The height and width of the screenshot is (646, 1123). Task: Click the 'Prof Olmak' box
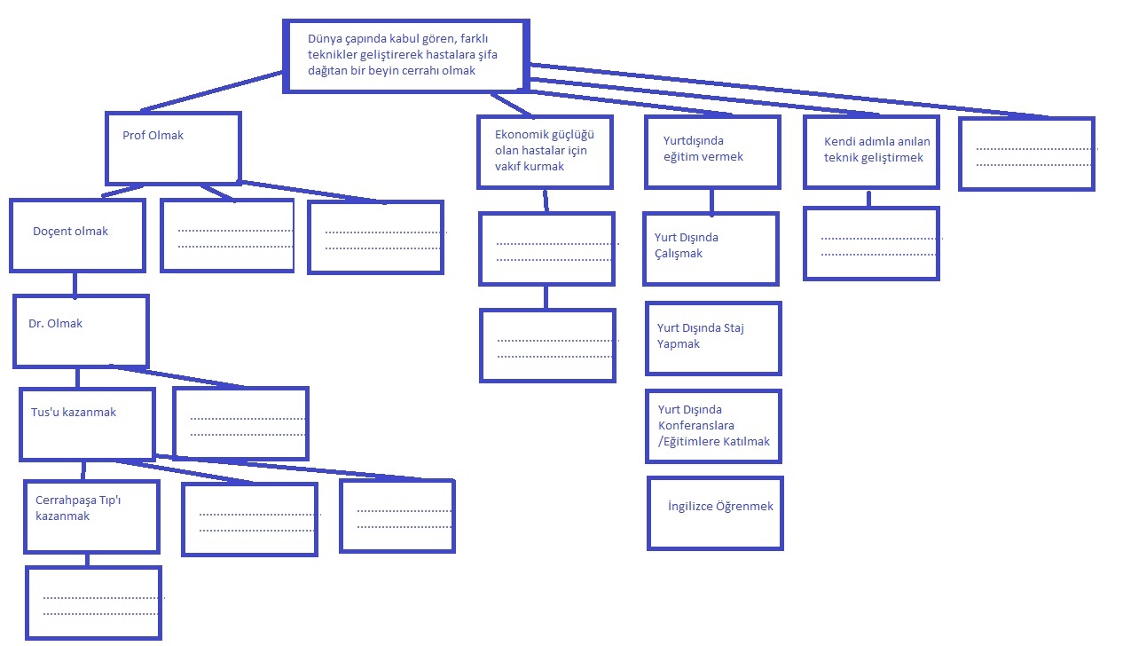[x=173, y=147]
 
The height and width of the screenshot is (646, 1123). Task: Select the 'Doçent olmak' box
[x=77, y=234]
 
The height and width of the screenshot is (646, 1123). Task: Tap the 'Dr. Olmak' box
[x=81, y=331]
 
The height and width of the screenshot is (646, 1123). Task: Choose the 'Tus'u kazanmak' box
[x=87, y=424]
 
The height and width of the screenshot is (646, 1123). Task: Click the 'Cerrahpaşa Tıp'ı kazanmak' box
[x=92, y=516]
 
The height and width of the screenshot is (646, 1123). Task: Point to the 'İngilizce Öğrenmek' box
[x=715, y=513]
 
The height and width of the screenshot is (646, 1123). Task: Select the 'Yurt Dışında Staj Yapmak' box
[x=713, y=338]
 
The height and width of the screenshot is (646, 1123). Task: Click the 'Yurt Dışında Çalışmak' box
[x=711, y=248]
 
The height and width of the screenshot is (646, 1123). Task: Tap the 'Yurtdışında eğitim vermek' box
[x=712, y=151]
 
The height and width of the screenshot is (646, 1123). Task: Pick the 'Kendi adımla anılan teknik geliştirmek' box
[x=870, y=152]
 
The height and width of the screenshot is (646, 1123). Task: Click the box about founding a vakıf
[x=545, y=152]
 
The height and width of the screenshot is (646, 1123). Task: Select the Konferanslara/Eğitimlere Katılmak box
[x=714, y=426]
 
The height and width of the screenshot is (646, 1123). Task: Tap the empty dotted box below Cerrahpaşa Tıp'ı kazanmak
[x=93, y=603]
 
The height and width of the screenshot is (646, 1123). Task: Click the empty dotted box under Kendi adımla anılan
[x=870, y=243]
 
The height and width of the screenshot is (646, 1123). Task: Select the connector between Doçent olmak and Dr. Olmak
[x=75, y=283]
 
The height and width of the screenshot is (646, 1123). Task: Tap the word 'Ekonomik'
[x=520, y=134]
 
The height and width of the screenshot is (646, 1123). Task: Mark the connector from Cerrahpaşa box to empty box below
[x=87, y=559]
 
